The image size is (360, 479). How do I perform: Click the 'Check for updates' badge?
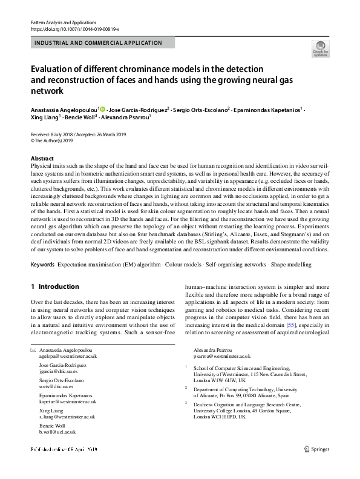pyautogui.click(x=320, y=48)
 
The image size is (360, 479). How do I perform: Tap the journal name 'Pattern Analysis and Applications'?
pyautogui.click(x=64, y=22)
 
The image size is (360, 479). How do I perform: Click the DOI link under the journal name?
pyautogui.click(x=74, y=29)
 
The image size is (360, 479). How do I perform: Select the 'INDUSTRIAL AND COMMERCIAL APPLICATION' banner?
pyautogui.click(x=102, y=43)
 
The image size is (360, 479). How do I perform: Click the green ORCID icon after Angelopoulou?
pyautogui.click(x=103, y=109)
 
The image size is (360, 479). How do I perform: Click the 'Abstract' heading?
pyautogui.click(x=42, y=157)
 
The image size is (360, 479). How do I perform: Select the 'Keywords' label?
pyautogui.click(x=42, y=265)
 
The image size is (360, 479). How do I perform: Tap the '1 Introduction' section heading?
pyautogui.click(x=54, y=286)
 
